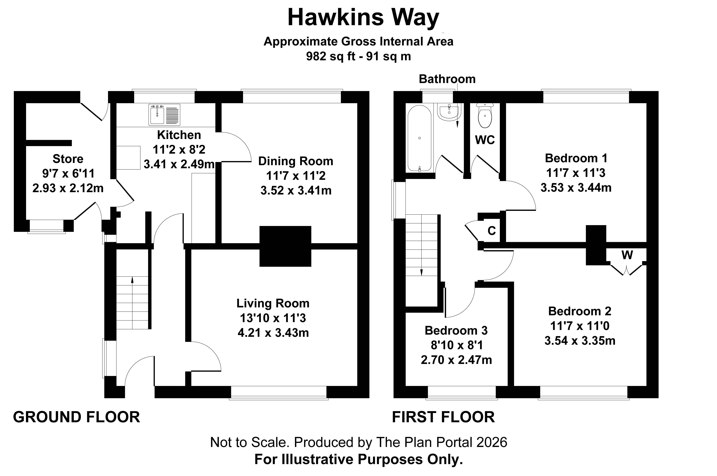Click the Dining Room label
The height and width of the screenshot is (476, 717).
coord(296,161)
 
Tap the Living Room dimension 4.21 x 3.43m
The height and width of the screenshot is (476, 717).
coord(273,333)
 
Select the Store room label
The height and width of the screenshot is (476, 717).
coord(68,159)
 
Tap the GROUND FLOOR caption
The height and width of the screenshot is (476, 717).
coord(76,417)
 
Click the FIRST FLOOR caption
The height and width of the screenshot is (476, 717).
coord(443,417)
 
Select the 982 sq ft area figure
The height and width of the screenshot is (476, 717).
coord(330,56)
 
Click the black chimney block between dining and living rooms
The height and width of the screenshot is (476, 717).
coord(285,246)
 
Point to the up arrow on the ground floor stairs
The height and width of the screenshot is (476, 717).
coord(132,280)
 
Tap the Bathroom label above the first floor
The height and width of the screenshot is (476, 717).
coord(447,79)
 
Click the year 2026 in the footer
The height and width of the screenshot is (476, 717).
coord(492,443)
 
